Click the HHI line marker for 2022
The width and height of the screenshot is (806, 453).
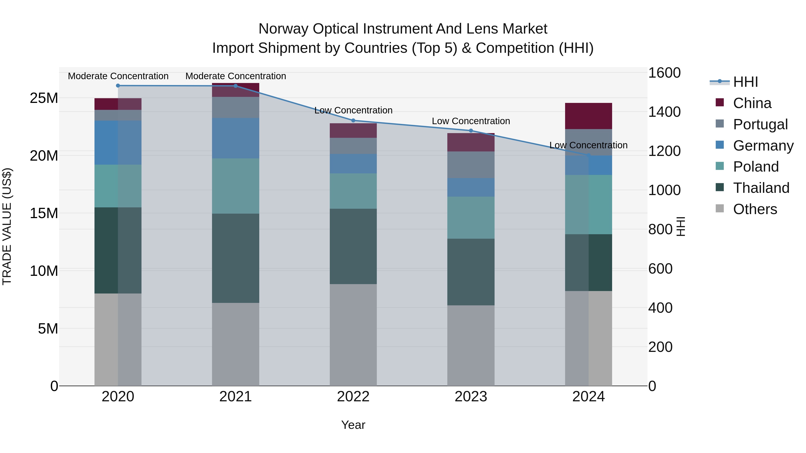click(353, 120)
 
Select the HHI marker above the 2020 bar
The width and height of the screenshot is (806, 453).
click(118, 86)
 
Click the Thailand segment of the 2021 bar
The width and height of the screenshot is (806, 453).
click(236, 258)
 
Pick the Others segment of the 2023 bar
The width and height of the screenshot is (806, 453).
click(471, 345)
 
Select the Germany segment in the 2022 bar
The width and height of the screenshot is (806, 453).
click(353, 164)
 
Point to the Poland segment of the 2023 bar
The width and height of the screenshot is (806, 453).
click(471, 218)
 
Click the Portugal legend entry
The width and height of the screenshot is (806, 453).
click(760, 124)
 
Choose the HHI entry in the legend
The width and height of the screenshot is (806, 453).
click(745, 82)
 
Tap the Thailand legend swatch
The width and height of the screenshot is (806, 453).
click(720, 188)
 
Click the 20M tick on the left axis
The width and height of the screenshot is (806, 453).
click(44, 156)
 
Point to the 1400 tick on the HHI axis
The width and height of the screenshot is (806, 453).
click(664, 112)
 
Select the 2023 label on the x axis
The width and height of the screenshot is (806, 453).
click(471, 397)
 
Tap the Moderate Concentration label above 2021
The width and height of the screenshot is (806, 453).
click(236, 76)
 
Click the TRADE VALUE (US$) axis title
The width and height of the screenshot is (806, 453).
click(7, 227)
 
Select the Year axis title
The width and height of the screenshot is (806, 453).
click(353, 425)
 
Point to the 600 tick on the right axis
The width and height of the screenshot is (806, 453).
click(660, 269)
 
